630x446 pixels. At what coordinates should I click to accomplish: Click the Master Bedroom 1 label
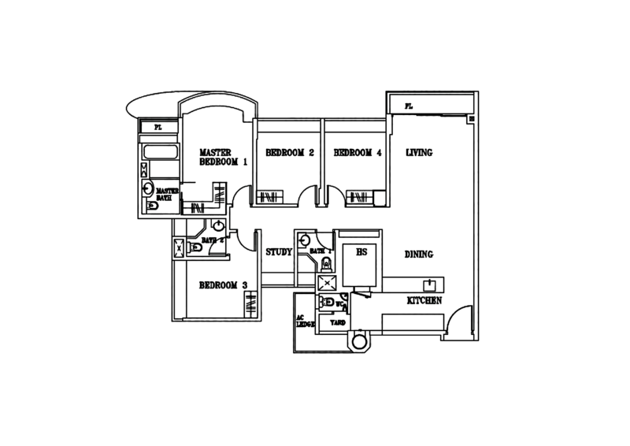(x=224, y=157)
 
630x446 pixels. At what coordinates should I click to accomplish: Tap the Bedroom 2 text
(x=290, y=153)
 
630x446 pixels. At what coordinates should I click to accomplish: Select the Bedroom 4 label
(x=357, y=153)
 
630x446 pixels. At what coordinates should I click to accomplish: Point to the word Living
(x=419, y=152)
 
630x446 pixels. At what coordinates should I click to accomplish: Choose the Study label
(x=279, y=253)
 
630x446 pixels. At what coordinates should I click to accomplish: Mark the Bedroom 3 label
(x=224, y=284)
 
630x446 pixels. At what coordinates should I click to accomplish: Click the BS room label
(x=361, y=253)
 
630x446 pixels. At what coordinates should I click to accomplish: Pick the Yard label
(x=337, y=323)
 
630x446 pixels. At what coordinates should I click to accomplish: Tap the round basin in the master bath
(x=146, y=188)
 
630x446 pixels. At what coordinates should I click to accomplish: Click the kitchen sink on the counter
(x=432, y=284)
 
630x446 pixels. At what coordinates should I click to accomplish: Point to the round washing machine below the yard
(x=357, y=340)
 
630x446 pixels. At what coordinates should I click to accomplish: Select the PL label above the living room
(x=408, y=106)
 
